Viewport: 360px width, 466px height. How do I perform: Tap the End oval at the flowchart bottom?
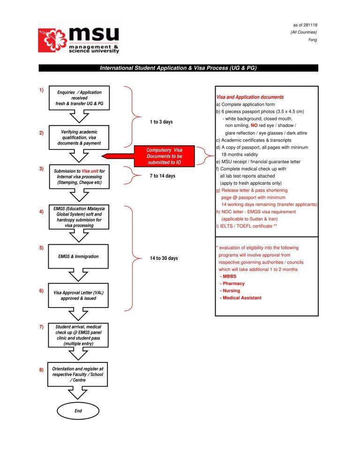coord(78,411)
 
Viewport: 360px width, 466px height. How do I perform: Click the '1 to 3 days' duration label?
coord(161,122)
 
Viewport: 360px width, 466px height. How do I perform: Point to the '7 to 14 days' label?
coord(162,176)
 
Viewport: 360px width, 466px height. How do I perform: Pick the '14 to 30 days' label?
coord(164,258)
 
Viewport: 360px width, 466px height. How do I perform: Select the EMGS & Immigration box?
coord(78,256)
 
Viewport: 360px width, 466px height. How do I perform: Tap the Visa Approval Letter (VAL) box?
coord(78,295)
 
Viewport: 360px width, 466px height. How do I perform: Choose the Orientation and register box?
coord(78,374)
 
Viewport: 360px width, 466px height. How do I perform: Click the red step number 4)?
coord(42,212)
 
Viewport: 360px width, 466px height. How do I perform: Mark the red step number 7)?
coord(42,327)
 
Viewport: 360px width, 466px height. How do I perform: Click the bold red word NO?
coord(254,126)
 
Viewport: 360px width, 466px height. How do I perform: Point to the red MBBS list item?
coord(229,277)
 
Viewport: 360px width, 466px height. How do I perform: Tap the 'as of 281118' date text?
coord(305,25)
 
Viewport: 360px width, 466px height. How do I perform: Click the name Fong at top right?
coord(312,40)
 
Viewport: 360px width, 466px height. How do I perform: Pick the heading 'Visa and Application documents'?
coord(250,97)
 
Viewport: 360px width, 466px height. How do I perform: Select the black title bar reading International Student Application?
coord(178,68)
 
